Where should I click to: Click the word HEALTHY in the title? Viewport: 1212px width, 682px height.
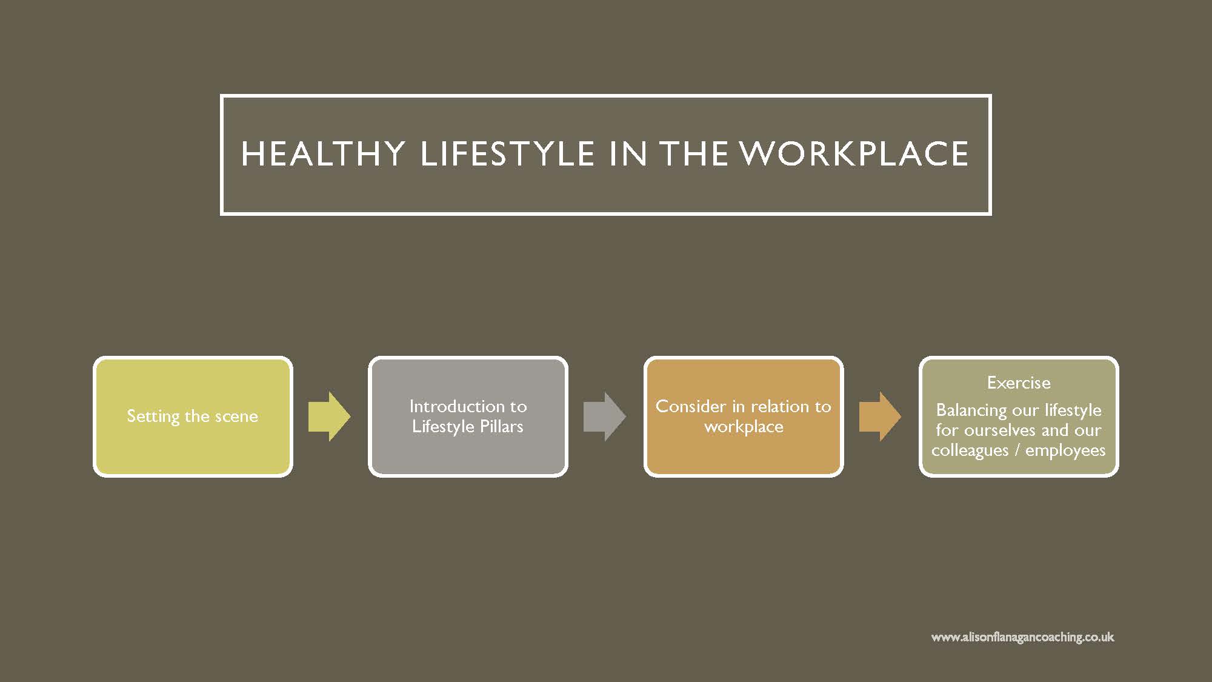click(323, 154)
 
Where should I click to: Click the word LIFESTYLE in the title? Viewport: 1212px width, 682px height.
click(507, 154)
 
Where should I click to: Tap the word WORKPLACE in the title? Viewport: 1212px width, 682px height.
click(854, 154)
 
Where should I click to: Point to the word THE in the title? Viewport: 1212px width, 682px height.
click(694, 154)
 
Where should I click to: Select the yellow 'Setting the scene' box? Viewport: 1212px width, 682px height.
click(193, 416)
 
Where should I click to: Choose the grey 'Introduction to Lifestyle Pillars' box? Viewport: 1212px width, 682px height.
click(468, 416)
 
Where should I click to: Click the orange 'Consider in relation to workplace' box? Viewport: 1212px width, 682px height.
click(744, 416)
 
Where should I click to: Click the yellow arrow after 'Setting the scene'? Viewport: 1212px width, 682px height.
click(330, 416)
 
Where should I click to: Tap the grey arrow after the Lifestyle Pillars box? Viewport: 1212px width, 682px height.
click(605, 416)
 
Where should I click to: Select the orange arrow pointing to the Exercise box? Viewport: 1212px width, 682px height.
click(881, 416)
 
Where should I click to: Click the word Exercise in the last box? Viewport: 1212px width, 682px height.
click(1019, 383)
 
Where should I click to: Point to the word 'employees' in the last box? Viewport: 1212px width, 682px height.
click(1065, 451)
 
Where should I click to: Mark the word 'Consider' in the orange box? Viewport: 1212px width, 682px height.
click(691, 406)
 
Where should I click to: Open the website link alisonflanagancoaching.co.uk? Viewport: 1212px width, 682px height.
click(1023, 637)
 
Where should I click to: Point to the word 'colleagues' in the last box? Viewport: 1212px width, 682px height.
click(970, 451)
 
